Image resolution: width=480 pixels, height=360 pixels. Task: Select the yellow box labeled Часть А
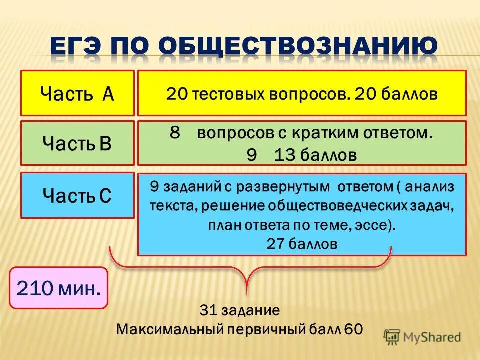coord(77,93)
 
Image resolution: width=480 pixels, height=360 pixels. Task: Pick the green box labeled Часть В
coord(77,143)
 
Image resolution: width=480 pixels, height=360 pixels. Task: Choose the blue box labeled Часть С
coord(77,195)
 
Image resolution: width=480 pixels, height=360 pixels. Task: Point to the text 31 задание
coord(240,310)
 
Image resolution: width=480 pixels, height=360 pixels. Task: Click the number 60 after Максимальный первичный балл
coord(354,329)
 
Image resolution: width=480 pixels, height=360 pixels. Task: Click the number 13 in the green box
coord(285,155)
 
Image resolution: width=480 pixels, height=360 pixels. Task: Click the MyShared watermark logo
coord(423,336)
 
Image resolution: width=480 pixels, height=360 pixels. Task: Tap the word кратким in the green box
coord(329,134)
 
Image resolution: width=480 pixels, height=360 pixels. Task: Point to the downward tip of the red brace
coord(246,293)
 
